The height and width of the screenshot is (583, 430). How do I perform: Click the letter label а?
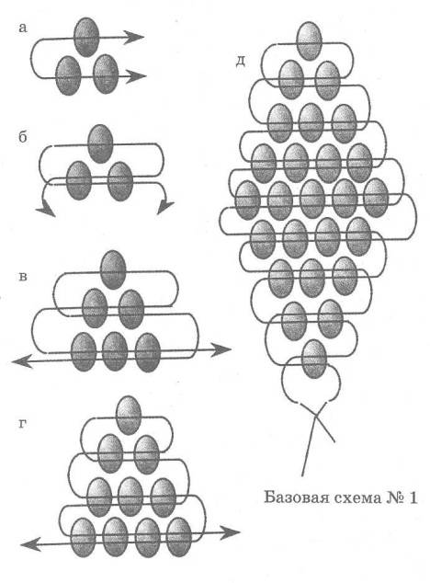(23, 28)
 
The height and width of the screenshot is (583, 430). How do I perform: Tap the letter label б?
(23, 137)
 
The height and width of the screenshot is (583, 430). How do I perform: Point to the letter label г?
(22, 424)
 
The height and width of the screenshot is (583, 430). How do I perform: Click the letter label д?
(241, 62)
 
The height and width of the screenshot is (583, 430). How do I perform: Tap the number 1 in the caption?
(412, 497)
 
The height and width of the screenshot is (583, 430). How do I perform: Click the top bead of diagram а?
(86, 37)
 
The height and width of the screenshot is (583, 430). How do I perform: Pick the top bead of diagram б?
(100, 143)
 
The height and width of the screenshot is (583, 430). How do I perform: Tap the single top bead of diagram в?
(113, 269)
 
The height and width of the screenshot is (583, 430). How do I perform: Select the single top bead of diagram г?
(129, 415)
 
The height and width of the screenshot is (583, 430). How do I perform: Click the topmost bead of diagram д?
(310, 40)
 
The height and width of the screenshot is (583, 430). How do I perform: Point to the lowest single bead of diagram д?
(314, 359)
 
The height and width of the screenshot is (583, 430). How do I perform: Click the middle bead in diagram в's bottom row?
(115, 351)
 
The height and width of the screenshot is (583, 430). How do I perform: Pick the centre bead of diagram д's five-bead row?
(312, 199)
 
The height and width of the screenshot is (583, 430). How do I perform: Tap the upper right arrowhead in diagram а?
(134, 37)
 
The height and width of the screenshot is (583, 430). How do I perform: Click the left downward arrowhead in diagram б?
(45, 207)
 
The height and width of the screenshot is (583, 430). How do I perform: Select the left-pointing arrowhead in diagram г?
(31, 545)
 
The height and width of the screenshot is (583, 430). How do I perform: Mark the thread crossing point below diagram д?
(315, 416)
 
